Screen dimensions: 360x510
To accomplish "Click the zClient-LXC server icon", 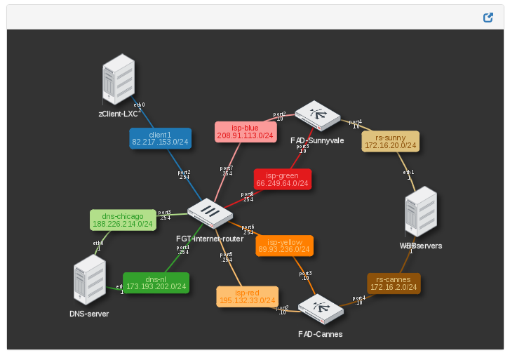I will pyautogui.click(x=118, y=79).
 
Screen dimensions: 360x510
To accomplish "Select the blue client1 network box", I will pyautogui.click(x=160, y=138).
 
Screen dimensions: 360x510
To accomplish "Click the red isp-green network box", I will pyautogui.click(x=282, y=179).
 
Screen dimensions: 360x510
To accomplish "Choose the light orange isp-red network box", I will pyautogui.click(x=247, y=296).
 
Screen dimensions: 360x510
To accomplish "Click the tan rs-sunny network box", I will pyautogui.click(x=390, y=141).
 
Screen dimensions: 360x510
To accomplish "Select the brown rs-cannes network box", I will pyautogui.click(x=393, y=284).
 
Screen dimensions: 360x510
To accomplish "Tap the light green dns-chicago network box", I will pyautogui.click(x=122, y=220).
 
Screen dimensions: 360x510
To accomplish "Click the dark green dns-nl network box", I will pyautogui.click(x=156, y=282).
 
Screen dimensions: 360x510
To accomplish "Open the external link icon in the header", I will pyautogui.click(x=488, y=18).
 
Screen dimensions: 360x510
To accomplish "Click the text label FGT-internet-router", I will pyautogui.click(x=210, y=239).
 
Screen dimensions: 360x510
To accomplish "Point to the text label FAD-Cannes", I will pyautogui.click(x=320, y=334).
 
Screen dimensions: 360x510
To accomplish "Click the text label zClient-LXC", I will pyautogui.click(x=119, y=113).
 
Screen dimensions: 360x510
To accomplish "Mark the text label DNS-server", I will pyautogui.click(x=89, y=314).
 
